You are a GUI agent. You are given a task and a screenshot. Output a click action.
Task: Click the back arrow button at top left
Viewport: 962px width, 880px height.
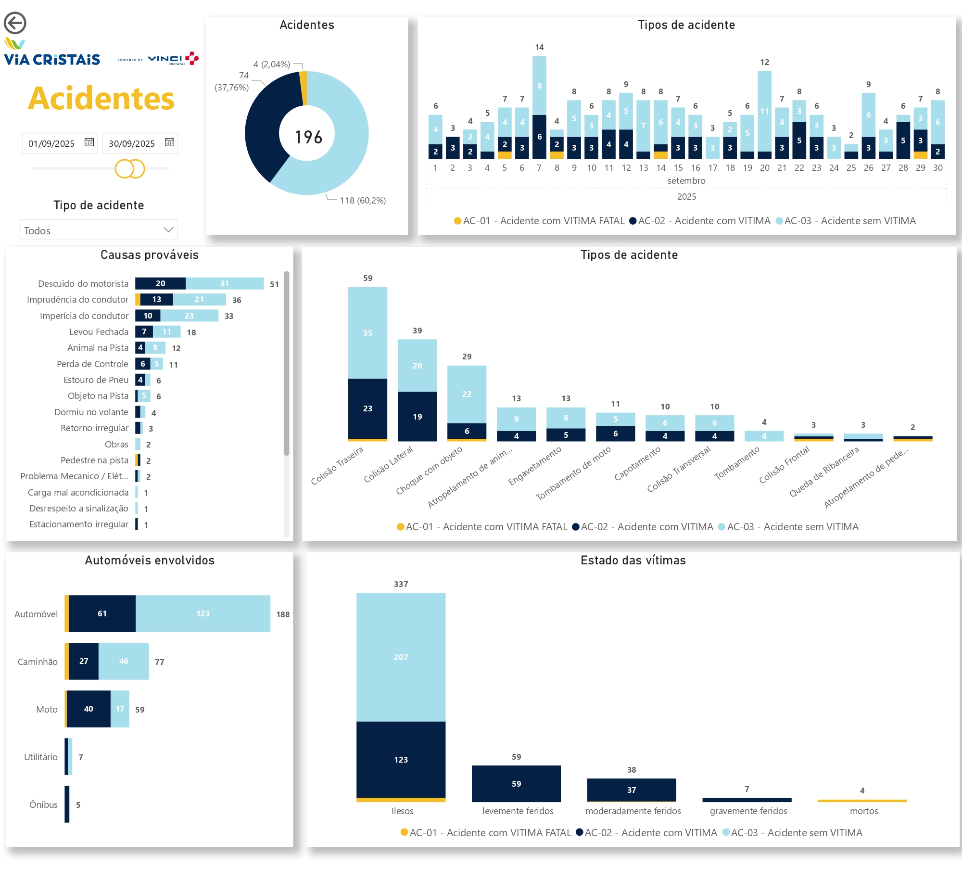(15, 23)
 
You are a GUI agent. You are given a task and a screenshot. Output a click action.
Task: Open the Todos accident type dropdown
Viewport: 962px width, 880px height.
(99, 230)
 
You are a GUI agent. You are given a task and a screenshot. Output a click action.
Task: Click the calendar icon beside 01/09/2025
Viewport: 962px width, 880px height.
(89, 142)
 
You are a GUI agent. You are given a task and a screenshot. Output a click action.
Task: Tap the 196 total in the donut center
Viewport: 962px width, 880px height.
(308, 137)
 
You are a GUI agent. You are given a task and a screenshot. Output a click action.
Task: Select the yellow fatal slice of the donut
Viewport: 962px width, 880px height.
(304, 88)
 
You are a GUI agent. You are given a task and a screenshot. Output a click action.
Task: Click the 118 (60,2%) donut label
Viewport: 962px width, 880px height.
(363, 201)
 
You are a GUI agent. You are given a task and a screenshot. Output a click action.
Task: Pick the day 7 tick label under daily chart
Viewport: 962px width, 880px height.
(539, 168)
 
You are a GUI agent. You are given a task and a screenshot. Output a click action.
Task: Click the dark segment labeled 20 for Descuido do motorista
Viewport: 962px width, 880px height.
(160, 283)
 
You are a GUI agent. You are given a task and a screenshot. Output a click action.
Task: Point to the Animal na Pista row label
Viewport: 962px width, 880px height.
(98, 348)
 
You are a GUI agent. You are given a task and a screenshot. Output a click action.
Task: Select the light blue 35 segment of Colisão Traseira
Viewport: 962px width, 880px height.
(367, 332)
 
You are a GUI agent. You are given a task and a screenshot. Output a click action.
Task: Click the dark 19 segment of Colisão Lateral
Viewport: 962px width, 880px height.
(417, 416)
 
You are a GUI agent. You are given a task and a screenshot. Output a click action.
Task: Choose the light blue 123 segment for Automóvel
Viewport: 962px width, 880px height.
(203, 613)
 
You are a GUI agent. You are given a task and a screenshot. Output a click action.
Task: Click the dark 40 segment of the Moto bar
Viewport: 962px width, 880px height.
(89, 709)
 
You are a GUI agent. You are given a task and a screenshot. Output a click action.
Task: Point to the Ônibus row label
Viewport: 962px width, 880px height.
(43, 804)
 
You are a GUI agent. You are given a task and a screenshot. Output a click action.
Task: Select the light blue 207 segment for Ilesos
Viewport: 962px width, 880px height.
(401, 657)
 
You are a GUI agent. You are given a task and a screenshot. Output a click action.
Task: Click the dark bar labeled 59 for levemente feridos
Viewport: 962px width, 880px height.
(516, 783)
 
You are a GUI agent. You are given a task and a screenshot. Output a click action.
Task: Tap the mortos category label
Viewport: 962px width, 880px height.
(864, 811)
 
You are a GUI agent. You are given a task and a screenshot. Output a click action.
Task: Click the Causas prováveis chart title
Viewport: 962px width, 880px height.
(149, 255)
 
